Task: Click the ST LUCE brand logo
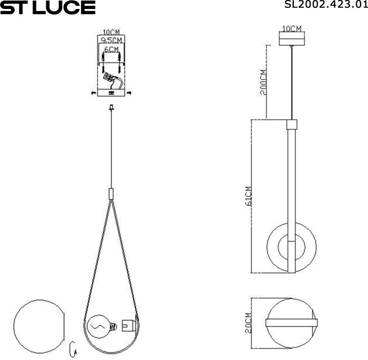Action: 48,7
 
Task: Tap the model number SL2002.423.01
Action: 331,6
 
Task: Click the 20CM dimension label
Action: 249,322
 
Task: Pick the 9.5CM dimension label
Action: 111,40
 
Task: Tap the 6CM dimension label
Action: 111,48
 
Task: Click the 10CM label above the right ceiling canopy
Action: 291,28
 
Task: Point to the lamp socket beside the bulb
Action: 127,325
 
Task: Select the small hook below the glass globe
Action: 74,347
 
